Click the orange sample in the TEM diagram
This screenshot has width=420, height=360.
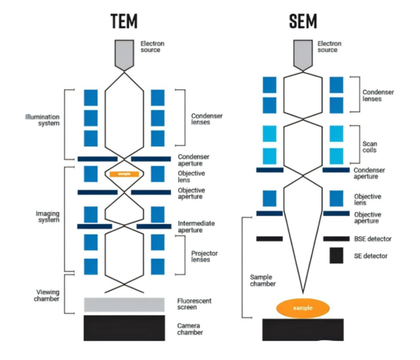[124, 174]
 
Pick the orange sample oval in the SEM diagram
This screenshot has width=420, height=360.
[303, 308]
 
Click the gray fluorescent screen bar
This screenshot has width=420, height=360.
[124, 305]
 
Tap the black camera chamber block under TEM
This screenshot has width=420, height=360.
[124, 328]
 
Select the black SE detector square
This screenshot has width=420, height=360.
[336, 255]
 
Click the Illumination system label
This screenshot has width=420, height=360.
[42, 120]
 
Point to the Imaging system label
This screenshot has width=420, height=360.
[48, 217]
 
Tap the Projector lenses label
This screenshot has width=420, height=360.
[204, 256]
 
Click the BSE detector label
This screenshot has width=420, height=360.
[372, 239]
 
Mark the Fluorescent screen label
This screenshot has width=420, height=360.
[194, 304]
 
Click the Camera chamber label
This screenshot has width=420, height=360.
[190, 329]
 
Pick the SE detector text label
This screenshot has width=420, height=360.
[370, 256]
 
